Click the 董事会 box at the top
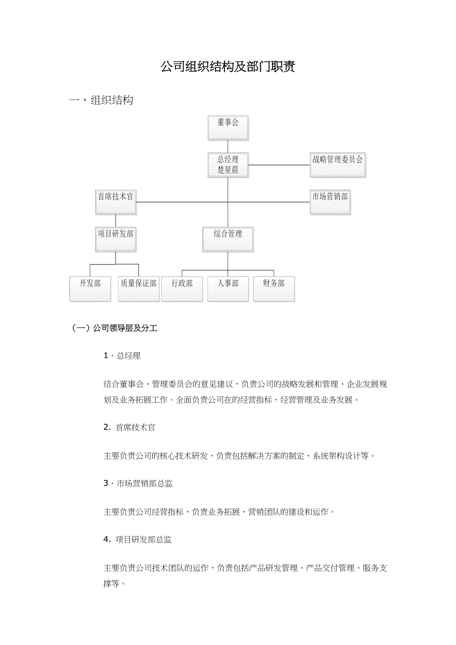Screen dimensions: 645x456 coord(228,127)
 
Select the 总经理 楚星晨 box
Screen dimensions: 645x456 coord(228,165)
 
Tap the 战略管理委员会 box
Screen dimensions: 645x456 coord(338,165)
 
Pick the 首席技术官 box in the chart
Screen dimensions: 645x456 coord(115,202)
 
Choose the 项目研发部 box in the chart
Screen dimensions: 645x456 coord(115,239)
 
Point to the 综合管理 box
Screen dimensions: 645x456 coord(228,239)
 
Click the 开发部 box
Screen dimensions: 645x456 coord(90,289)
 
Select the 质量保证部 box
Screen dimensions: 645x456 coord(139,289)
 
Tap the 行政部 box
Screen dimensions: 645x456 coord(182,289)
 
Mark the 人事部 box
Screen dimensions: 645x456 coord(228,289)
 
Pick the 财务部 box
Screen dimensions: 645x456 coord(274,289)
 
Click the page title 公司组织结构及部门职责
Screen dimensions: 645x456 coord(228,67)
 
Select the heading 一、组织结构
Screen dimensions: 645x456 coord(102,101)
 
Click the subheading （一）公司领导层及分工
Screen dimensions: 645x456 coord(115,328)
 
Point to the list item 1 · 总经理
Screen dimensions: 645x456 coord(122,356)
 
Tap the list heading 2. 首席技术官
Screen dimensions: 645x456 coord(129,427)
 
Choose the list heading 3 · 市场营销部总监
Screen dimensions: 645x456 coord(138,484)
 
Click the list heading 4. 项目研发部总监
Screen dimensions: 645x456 coord(137,539)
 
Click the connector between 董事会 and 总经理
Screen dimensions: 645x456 coord(228,146)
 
